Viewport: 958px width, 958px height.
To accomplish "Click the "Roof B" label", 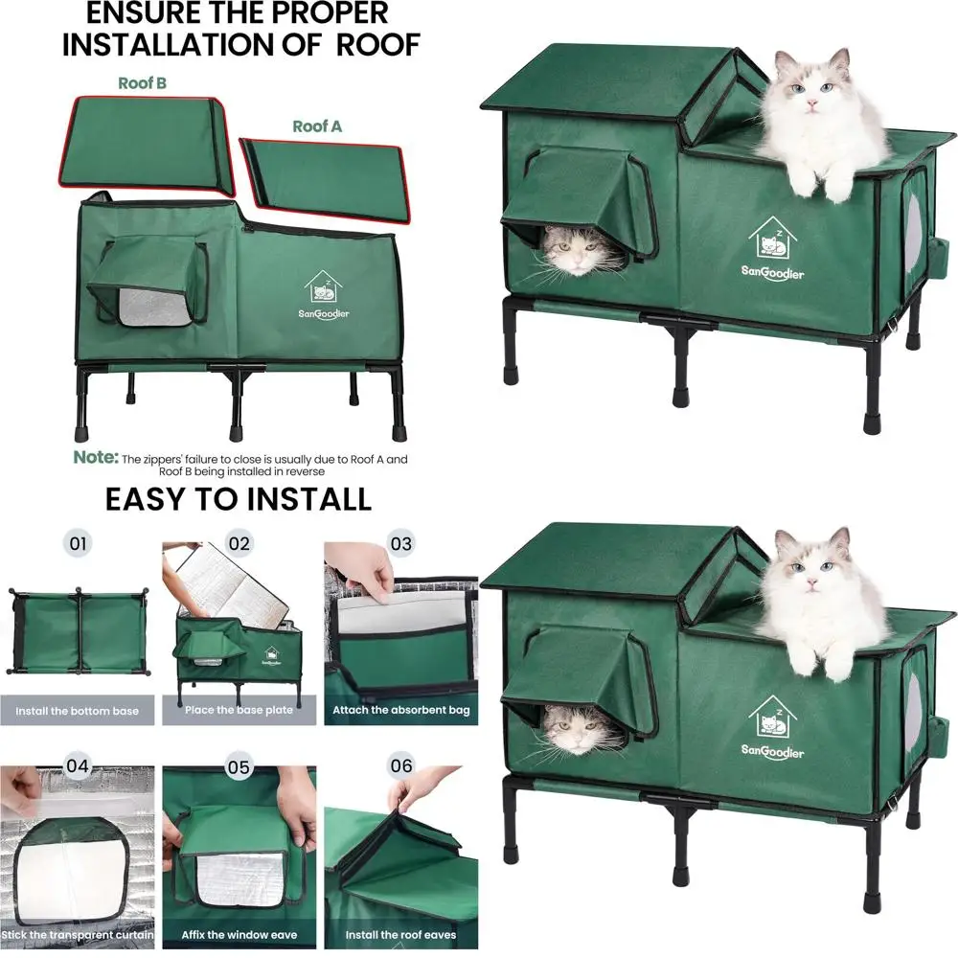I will tap(142, 82).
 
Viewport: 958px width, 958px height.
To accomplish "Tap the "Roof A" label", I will tap(317, 126).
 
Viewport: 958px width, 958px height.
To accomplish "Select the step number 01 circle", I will tap(79, 544).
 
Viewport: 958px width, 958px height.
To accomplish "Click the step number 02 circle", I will tap(239, 544).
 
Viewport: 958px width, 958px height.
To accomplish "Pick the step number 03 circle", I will tap(401, 544).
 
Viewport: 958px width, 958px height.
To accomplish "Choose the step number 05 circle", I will tap(239, 767).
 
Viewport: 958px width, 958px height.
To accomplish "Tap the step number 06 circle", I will tap(401, 767).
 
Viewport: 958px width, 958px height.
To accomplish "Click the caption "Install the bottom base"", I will tap(77, 711).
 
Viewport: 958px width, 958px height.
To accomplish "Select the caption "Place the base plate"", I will tap(239, 711).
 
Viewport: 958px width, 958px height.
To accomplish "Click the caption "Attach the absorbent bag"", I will tap(400, 711).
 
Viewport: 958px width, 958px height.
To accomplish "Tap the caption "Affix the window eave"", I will tap(239, 934).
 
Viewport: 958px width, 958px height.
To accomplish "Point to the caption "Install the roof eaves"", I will tap(400, 934).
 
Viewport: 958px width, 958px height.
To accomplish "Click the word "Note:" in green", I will tap(96, 458).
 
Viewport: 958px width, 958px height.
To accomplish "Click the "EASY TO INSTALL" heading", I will tap(238, 499).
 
